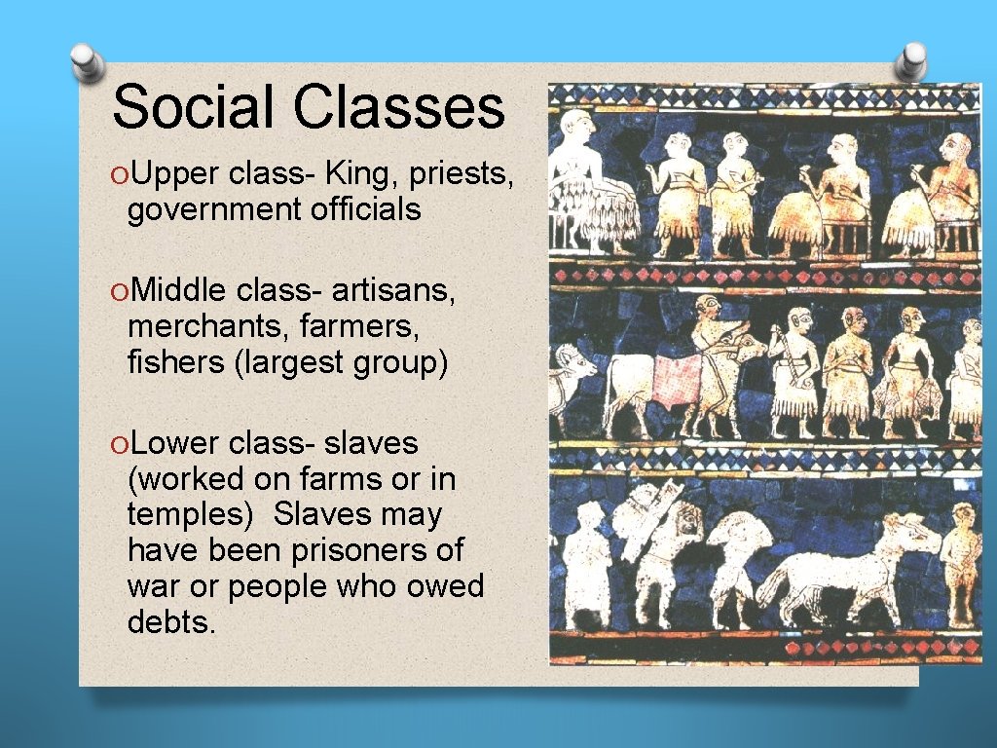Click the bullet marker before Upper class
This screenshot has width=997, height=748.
(119, 174)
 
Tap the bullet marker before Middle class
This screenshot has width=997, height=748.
(119, 290)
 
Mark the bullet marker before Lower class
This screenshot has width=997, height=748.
(119, 444)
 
